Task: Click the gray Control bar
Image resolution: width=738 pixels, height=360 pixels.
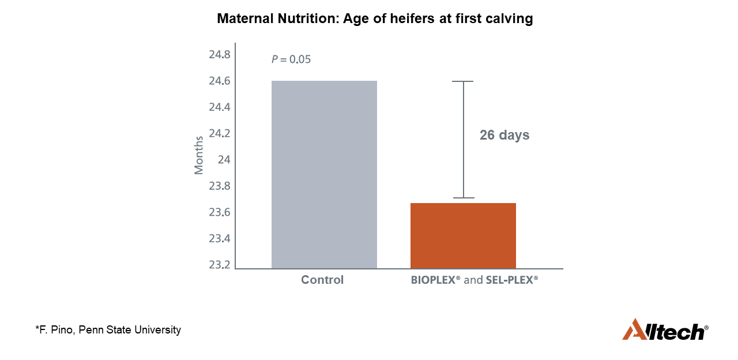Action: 324,174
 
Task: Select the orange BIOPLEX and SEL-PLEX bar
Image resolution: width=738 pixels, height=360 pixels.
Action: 463,235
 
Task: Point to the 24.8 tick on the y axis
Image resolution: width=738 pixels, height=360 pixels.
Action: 220,55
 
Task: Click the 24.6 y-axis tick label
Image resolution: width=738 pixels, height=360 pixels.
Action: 220,81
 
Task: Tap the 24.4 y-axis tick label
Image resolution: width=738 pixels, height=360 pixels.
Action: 220,107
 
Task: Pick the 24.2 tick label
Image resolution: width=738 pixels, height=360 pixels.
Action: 220,134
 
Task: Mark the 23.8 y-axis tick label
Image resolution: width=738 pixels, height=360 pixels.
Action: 220,186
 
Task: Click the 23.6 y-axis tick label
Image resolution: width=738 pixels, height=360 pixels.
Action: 220,212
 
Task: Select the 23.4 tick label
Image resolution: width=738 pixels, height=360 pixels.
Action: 220,239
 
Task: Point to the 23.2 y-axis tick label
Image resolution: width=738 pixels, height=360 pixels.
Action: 220,265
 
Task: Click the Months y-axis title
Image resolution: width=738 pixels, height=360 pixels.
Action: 199,155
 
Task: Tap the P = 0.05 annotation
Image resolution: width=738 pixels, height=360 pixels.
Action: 291,59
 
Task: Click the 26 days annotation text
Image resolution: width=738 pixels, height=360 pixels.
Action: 504,136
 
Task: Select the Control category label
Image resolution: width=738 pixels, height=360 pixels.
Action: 322,280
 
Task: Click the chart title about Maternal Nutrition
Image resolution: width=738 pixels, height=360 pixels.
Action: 375,19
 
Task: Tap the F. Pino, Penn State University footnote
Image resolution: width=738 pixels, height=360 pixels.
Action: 108,330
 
